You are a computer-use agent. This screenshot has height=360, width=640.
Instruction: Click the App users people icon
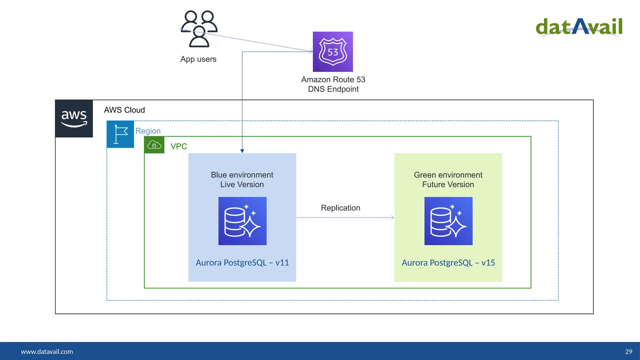tap(199, 29)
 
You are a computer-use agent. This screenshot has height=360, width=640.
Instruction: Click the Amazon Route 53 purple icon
tap(333, 52)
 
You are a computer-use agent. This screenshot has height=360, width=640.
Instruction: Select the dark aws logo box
tap(74, 119)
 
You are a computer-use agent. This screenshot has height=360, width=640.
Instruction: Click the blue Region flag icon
tap(120, 134)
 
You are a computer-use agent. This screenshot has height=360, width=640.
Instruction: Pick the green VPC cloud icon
tap(154, 145)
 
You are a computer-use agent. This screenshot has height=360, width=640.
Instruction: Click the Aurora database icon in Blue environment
tap(242, 221)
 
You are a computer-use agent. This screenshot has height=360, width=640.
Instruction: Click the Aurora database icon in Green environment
tap(448, 221)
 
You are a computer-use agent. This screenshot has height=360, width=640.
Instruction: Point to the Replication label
tap(340, 208)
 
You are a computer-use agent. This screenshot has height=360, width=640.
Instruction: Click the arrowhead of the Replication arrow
tap(393, 217)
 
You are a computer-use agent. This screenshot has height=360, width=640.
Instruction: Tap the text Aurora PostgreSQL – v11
tap(242, 262)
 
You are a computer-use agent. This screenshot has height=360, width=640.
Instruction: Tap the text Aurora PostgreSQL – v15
tap(448, 262)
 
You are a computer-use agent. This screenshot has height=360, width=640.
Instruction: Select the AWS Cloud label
tap(124, 110)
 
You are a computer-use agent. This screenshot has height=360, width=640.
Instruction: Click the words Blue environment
tap(242, 175)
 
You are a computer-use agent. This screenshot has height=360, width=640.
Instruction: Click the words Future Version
tap(448, 184)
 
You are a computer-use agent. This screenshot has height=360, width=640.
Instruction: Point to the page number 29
tap(628, 352)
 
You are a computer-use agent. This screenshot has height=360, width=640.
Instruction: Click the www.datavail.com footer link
tap(47, 352)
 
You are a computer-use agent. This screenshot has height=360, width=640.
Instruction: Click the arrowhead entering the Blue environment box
tap(242, 151)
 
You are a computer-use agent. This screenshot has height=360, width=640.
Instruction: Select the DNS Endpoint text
tap(333, 89)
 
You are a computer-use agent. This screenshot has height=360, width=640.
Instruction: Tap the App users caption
tap(198, 59)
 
